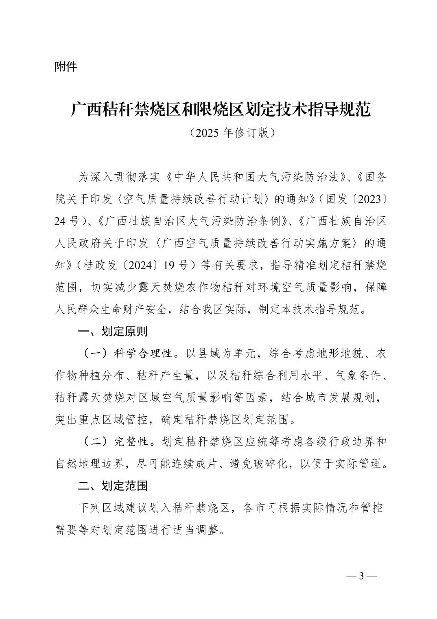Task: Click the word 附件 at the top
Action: (66, 66)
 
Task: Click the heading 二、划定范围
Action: (113, 485)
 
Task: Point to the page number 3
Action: (361, 576)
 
